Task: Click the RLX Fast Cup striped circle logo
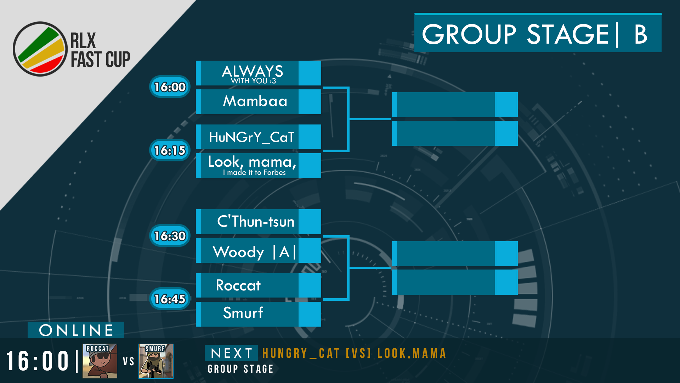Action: tap(40, 49)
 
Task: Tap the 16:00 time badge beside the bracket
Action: tap(170, 87)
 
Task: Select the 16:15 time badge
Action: tap(170, 150)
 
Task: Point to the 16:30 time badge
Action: tap(170, 235)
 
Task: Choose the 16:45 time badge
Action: tap(170, 299)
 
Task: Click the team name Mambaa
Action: tap(255, 101)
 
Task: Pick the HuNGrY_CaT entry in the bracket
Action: tap(251, 137)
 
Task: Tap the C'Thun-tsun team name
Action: tap(256, 221)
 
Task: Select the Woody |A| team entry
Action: tap(254, 252)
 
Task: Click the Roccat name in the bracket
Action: tap(238, 285)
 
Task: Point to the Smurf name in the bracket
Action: tap(243, 313)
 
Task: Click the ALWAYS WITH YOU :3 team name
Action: tap(253, 74)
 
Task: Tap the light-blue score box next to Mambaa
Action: tap(310, 102)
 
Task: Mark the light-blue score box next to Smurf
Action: tap(310, 314)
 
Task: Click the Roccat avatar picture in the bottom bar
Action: tap(100, 361)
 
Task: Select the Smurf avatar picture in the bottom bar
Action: tap(156, 361)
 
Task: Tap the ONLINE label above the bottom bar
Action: tap(76, 330)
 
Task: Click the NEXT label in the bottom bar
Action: tap(232, 353)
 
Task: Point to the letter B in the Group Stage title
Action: tap(641, 34)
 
